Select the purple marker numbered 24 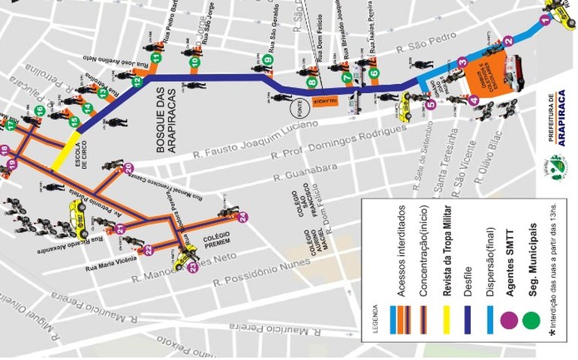(x=242, y=217)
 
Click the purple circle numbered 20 (x=128, y=167)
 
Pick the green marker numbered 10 (x=194, y=61)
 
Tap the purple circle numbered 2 (x=508, y=41)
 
